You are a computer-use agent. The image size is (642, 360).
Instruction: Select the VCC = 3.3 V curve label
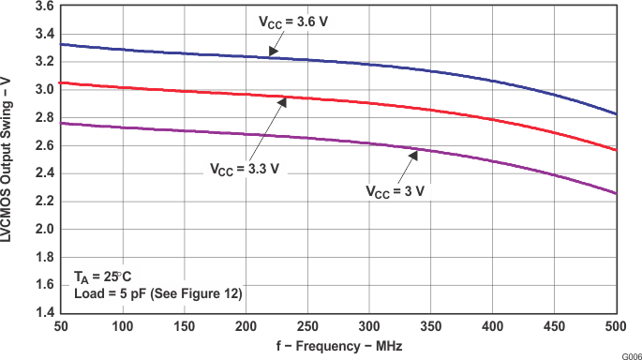[x=244, y=170]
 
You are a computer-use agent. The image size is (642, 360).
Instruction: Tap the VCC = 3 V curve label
[x=396, y=191]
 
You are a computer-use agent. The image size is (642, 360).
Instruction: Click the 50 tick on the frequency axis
[x=59, y=325]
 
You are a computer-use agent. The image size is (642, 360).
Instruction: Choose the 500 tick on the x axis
[x=617, y=325]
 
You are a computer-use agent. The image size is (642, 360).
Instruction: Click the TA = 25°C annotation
[x=105, y=277]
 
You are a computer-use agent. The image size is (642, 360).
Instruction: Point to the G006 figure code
[x=630, y=354]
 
